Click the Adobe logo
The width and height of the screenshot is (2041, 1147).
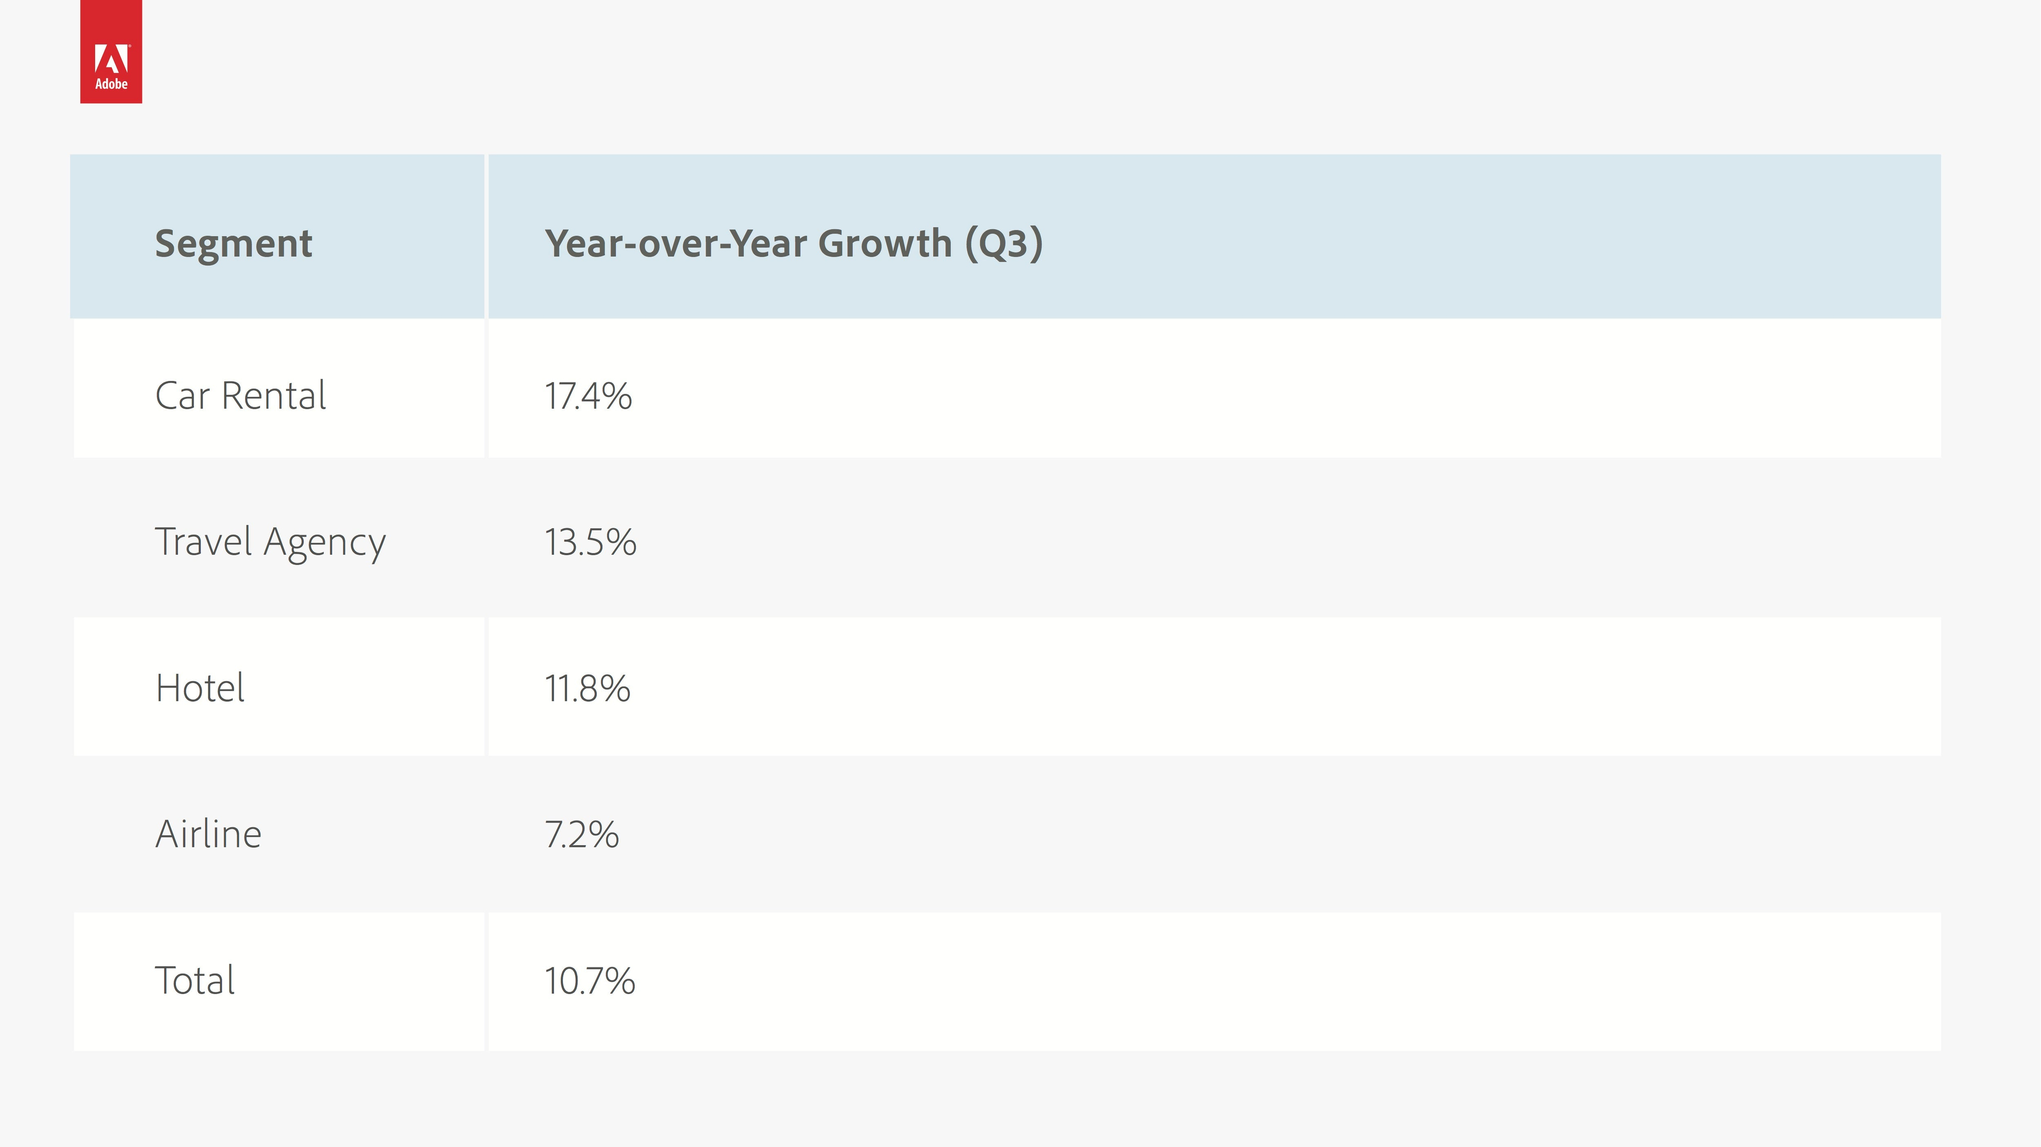(x=111, y=52)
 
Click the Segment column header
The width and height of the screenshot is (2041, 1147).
(x=234, y=243)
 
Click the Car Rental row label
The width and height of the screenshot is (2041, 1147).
(x=241, y=395)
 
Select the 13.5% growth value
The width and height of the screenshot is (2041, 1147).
(x=591, y=542)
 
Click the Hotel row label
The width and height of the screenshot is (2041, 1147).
(x=200, y=687)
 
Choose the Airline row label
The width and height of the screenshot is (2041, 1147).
(x=208, y=834)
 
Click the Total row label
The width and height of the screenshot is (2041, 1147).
(x=195, y=980)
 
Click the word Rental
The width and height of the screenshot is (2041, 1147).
(x=274, y=395)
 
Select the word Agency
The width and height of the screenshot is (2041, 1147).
(x=325, y=544)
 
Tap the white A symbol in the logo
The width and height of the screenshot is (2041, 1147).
(x=111, y=58)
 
